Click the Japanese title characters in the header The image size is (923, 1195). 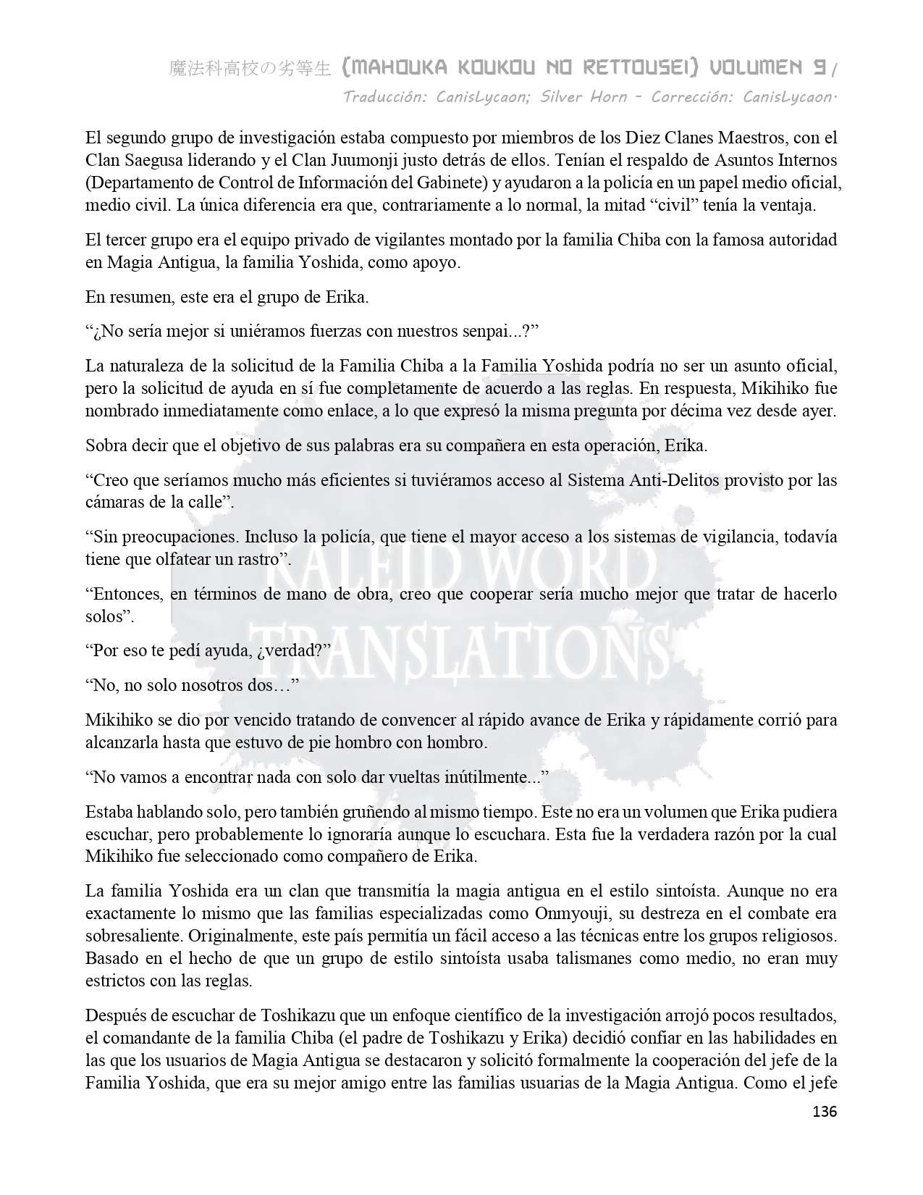point(250,69)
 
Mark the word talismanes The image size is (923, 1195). point(583,959)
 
